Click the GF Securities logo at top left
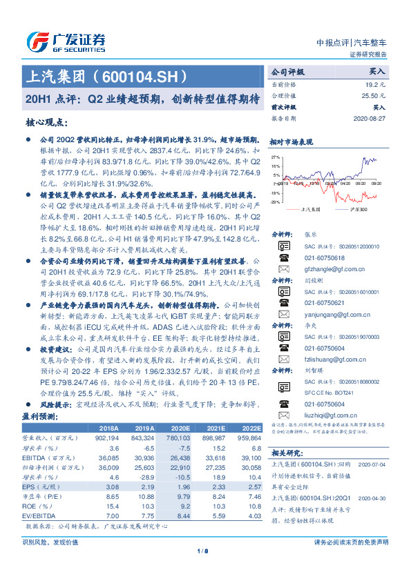(66, 41)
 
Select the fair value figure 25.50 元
(374, 95)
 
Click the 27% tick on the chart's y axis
(275, 157)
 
